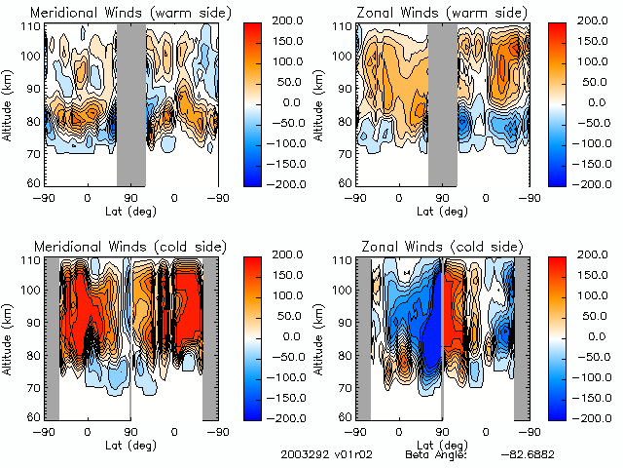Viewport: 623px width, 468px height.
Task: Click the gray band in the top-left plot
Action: coord(131,102)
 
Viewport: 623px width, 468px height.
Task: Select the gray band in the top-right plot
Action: coord(443,102)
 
